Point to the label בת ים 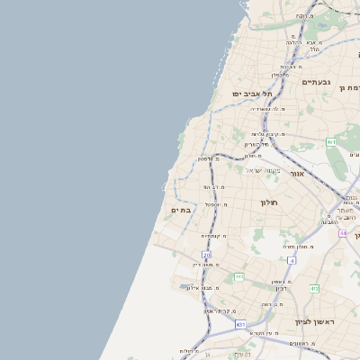(182, 210)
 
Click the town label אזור (299, 173)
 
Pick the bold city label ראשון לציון (313, 321)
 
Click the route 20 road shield (206, 256)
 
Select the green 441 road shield (238, 277)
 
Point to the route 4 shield (292, 260)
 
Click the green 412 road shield (314, 288)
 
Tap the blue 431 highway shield (240, 324)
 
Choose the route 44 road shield (343, 233)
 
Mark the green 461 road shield (331, 142)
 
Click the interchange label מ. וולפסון (211, 158)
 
